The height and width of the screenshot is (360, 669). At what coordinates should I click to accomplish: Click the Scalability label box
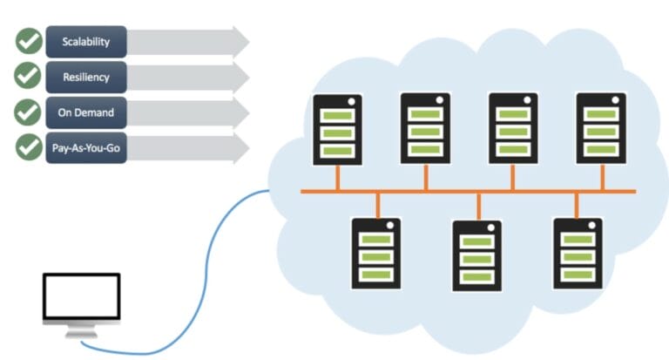coord(86,41)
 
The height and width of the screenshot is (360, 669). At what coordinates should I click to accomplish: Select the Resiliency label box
coord(86,77)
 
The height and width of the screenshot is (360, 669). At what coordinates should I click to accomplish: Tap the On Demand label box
coord(86,112)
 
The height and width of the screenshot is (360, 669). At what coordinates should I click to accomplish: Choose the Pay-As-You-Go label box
coord(86,147)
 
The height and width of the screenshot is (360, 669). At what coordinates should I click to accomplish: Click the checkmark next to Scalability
coord(29,41)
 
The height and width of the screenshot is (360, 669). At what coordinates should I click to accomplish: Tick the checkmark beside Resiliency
coord(29,77)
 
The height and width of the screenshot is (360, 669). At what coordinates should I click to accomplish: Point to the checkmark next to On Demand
coord(29,112)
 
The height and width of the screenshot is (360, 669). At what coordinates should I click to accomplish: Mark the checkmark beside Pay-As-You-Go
coord(29,147)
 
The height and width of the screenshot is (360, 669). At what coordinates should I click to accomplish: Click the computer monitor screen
coord(81,299)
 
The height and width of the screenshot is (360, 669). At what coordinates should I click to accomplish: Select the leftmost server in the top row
coord(337,130)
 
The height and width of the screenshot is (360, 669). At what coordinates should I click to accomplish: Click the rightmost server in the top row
coord(601,128)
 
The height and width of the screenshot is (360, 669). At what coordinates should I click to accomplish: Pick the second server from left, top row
coord(425,128)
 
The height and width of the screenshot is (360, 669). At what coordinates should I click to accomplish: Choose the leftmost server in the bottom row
coord(375,253)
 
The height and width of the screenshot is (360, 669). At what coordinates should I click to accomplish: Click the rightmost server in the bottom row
coord(578,253)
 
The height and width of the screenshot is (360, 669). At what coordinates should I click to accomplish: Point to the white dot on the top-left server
coord(352,102)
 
